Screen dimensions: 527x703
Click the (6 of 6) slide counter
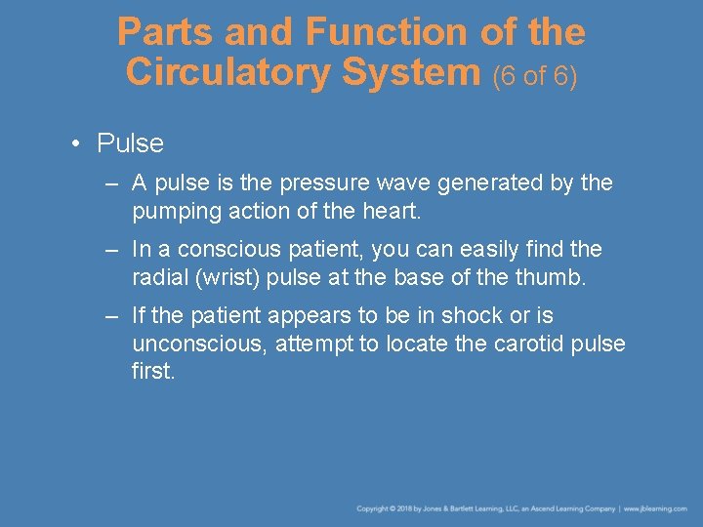coord(535,74)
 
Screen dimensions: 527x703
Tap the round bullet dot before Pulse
coord(76,144)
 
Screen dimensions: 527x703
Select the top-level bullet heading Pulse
coord(131,143)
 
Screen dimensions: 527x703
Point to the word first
coord(153,371)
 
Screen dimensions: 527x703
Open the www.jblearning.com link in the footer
coord(657,508)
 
